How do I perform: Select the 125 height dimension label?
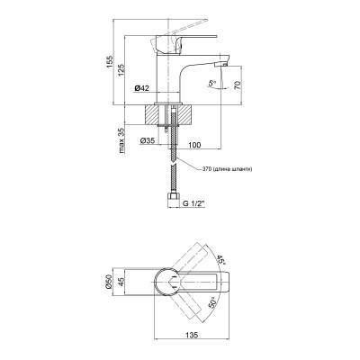(x=121, y=70)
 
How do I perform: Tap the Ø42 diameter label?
(x=142, y=88)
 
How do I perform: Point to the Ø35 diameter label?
(x=148, y=140)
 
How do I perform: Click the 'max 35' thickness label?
(x=121, y=139)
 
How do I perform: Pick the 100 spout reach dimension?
(x=194, y=145)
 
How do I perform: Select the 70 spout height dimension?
(x=237, y=85)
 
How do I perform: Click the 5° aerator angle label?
(x=212, y=83)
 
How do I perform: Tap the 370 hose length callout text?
(x=226, y=169)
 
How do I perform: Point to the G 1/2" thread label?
(x=193, y=204)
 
